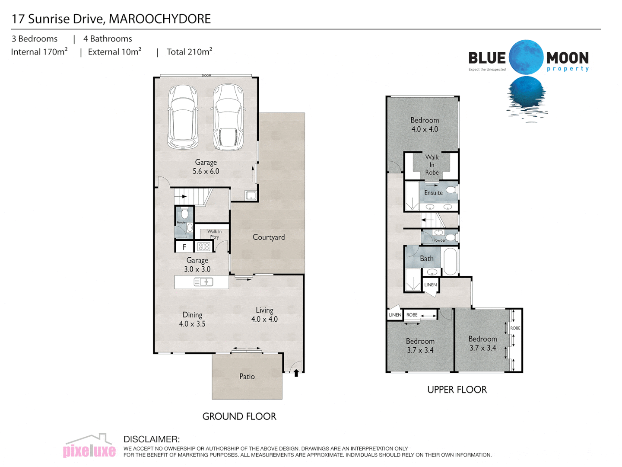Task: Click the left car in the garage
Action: [183, 117]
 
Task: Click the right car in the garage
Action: [228, 117]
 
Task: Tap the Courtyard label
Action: [269, 237]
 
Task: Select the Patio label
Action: [247, 377]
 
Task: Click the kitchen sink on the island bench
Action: [203, 282]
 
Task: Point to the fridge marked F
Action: [184, 247]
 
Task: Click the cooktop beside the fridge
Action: [203, 247]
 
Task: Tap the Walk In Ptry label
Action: [214, 234]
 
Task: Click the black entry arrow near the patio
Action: [296, 372]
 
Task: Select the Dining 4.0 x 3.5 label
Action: [192, 319]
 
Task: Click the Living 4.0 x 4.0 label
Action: [264, 315]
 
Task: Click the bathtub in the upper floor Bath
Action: [450, 261]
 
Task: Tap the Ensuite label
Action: [433, 193]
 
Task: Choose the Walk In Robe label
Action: [432, 165]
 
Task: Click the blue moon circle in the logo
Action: [526, 57]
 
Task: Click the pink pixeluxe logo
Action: [89, 451]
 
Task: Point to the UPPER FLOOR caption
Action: [457, 390]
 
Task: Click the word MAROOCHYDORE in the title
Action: [160, 19]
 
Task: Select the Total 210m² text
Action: [189, 52]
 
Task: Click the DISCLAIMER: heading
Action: [151, 439]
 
